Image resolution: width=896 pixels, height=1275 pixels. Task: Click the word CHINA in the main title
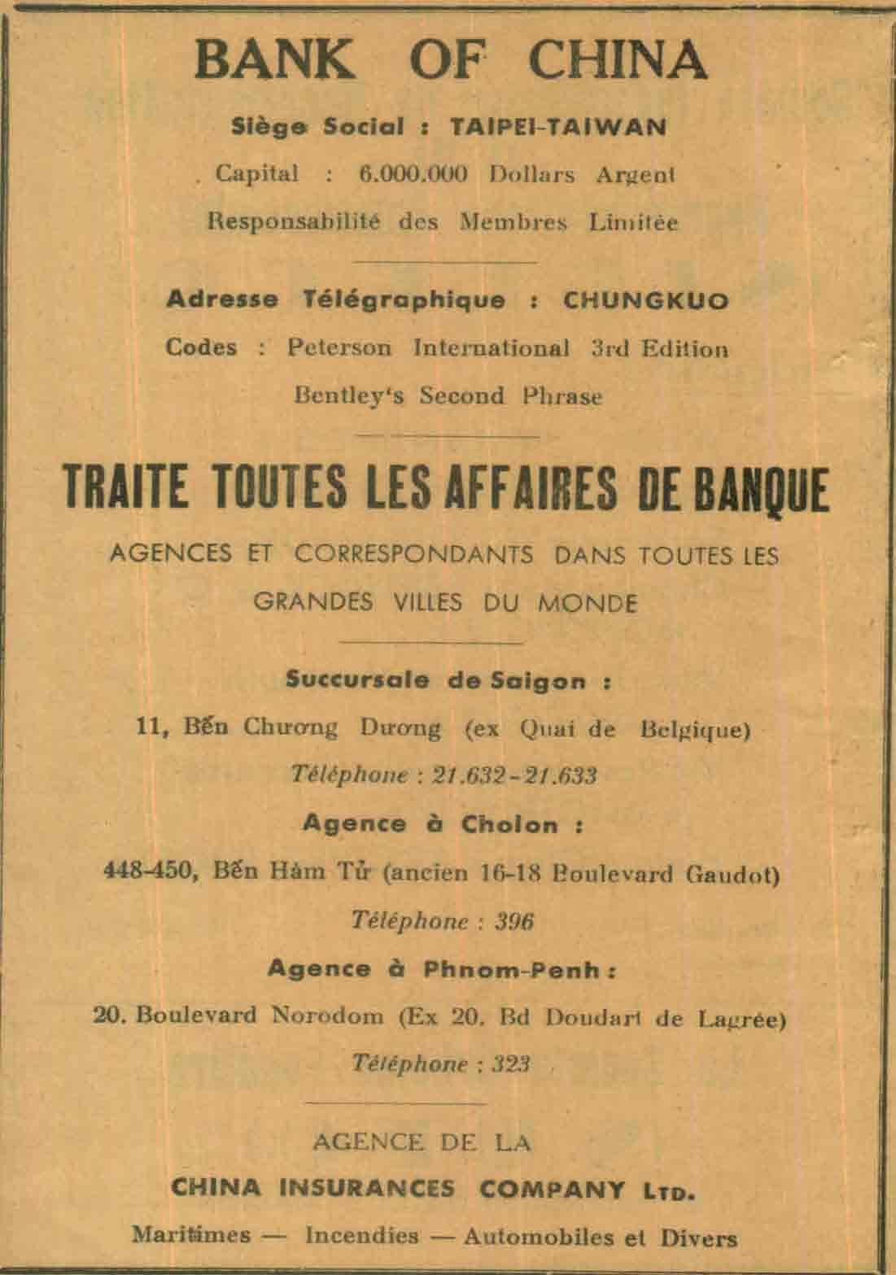(618, 59)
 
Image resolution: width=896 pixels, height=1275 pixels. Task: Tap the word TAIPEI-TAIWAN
(557, 127)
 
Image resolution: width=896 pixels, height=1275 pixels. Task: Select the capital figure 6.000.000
(413, 175)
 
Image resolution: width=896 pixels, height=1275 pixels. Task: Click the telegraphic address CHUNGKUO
(646, 300)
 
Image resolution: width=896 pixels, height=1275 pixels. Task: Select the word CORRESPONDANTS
(413, 555)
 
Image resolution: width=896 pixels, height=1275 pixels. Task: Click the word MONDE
(586, 603)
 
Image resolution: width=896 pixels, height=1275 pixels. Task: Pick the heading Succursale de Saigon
(448, 681)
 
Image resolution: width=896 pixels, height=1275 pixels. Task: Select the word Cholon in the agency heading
(510, 824)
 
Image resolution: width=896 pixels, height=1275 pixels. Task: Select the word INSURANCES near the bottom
(367, 1188)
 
